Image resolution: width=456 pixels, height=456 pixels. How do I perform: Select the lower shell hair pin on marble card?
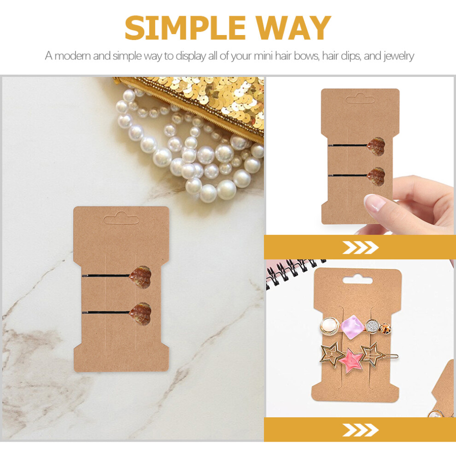[x=117, y=313]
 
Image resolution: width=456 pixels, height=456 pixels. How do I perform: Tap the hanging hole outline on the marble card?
[x=121, y=218]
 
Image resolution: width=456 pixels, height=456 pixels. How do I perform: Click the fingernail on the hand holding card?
[x=374, y=202]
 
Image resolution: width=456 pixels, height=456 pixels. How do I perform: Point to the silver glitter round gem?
[x=372, y=326]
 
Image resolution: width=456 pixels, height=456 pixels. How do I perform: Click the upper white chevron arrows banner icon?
[x=360, y=247]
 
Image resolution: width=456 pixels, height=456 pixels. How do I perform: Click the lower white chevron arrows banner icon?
[x=360, y=430]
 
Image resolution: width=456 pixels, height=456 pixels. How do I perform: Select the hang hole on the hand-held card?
[x=360, y=99]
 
